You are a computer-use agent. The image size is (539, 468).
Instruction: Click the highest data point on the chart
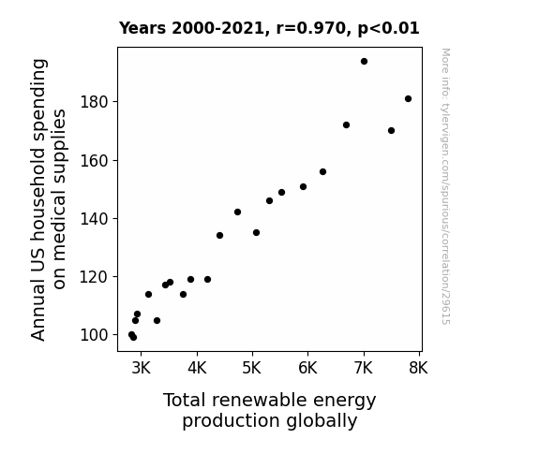[364, 62]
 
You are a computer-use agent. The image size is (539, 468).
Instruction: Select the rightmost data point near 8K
[408, 99]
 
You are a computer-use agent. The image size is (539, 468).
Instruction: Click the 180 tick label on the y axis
[94, 102]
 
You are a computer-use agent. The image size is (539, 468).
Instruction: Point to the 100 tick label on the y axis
[94, 335]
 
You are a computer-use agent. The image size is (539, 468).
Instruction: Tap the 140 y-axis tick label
[94, 218]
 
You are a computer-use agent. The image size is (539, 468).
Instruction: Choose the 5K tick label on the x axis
[252, 368]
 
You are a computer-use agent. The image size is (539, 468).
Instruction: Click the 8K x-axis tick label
[418, 368]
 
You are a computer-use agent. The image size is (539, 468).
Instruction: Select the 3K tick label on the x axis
[142, 368]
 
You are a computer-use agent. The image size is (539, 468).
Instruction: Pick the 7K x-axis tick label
[364, 368]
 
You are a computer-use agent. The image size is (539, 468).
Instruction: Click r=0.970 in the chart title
[311, 28]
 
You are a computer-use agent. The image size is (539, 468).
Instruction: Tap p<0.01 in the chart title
[388, 28]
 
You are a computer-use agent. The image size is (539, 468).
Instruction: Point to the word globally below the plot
[322, 421]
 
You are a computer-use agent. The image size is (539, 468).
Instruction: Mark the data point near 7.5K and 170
[391, 131]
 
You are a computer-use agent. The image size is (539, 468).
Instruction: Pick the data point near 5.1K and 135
[256, 233]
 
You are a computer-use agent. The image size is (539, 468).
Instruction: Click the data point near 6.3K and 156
[322, 171]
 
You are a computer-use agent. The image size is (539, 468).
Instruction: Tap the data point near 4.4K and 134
[219, 236]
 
